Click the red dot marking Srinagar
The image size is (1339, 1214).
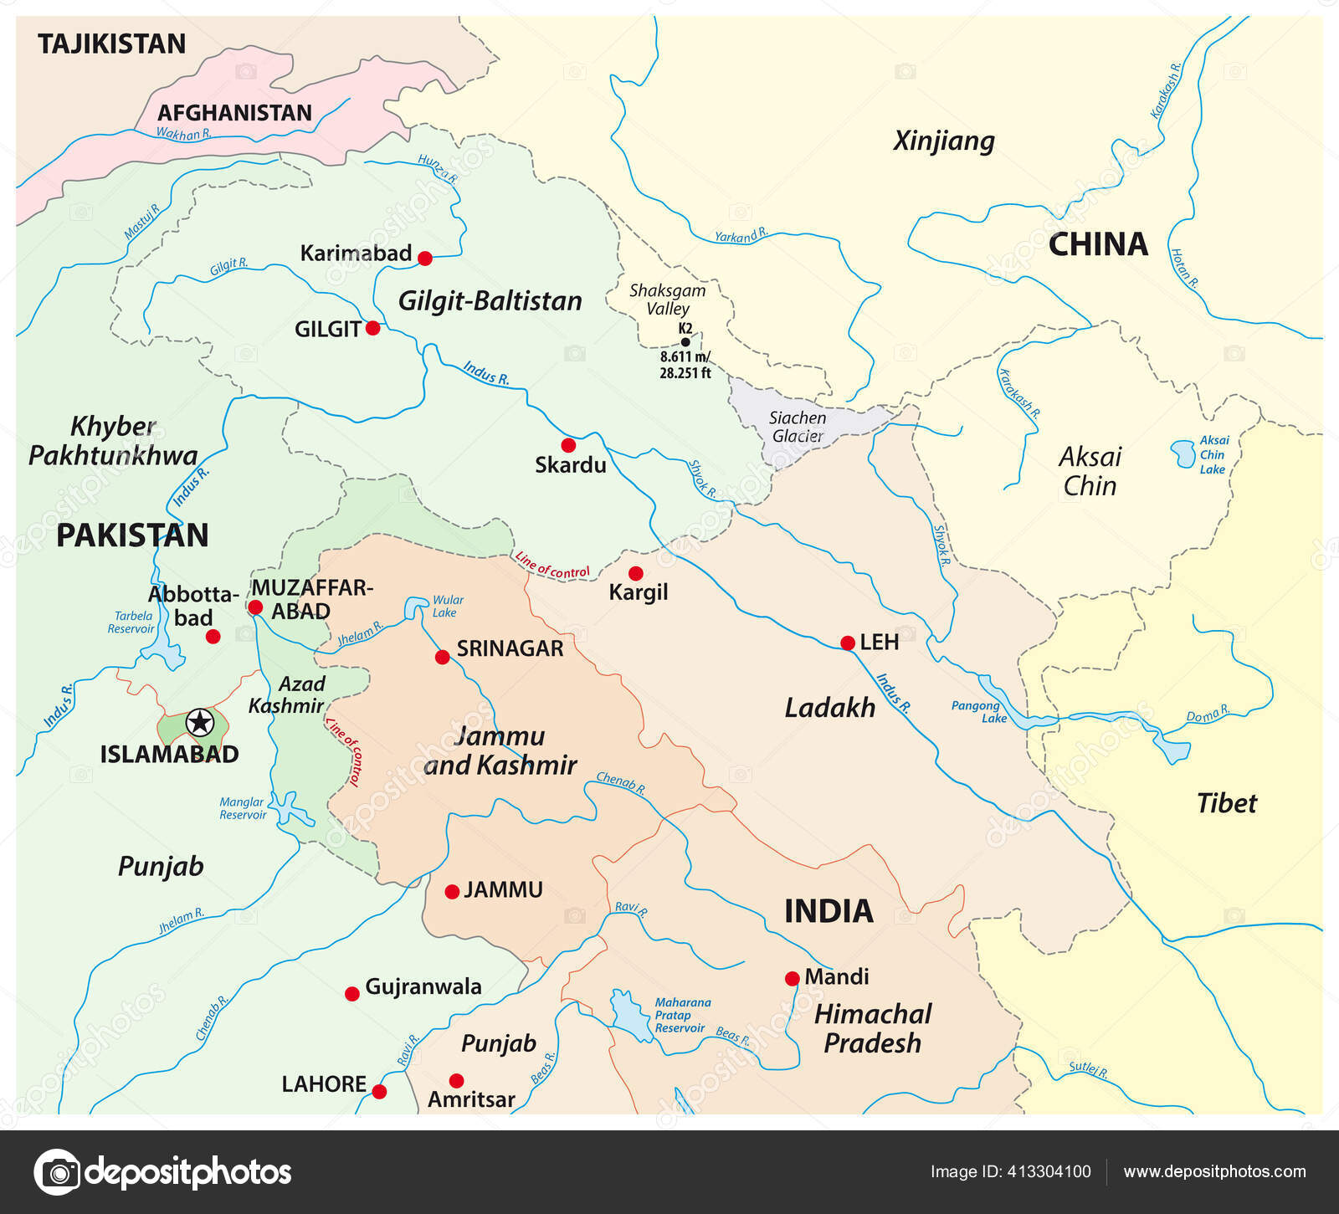point(443,657)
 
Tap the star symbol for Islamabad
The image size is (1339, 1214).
point(200,722)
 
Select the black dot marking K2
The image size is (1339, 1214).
point(685,341)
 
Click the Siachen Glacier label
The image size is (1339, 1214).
point(798,427)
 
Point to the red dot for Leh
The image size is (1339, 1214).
point(848,643)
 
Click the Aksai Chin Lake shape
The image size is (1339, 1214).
point(1183,453)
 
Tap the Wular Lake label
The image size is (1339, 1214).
point(447,606)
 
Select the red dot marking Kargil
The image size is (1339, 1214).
point(636,573)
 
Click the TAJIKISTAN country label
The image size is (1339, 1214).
point(111,44)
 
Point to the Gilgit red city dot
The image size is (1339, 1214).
point(373,328)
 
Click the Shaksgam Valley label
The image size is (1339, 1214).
point(667,299)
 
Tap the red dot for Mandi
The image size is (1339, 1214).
point(792,978)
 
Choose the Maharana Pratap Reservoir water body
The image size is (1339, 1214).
point(625,1015)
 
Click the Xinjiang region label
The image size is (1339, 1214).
point(944,140)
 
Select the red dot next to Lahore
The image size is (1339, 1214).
point(379,1092)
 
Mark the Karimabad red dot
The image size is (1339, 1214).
point(425,259)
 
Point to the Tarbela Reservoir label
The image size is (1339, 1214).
point(131,622)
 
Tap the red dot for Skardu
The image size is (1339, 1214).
point(568,445)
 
